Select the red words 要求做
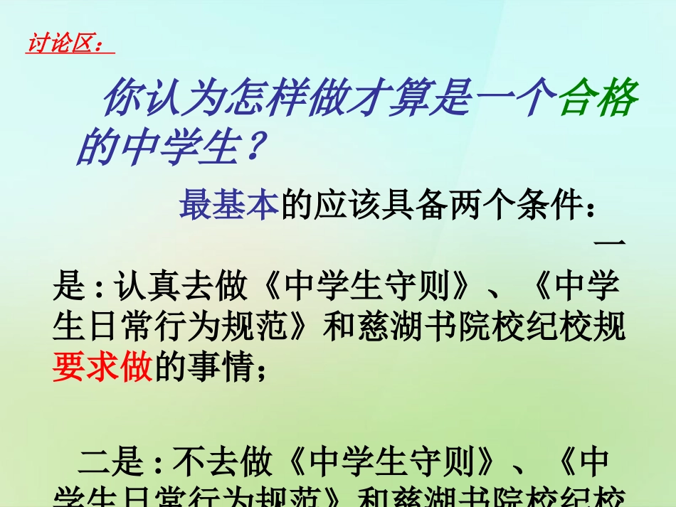(102, 369)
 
